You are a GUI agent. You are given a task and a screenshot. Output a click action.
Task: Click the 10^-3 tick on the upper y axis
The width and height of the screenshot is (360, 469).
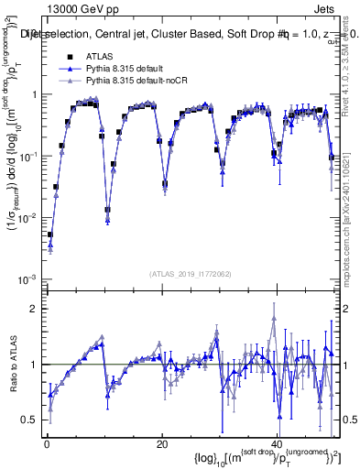[30, 278]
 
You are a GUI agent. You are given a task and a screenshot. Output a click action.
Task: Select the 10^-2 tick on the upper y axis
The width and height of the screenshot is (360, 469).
[30, 218]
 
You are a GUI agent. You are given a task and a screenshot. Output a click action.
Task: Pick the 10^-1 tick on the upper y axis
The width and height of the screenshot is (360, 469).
[30, 157]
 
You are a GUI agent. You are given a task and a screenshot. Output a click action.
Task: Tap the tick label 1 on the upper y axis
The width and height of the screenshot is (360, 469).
[35, 95]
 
